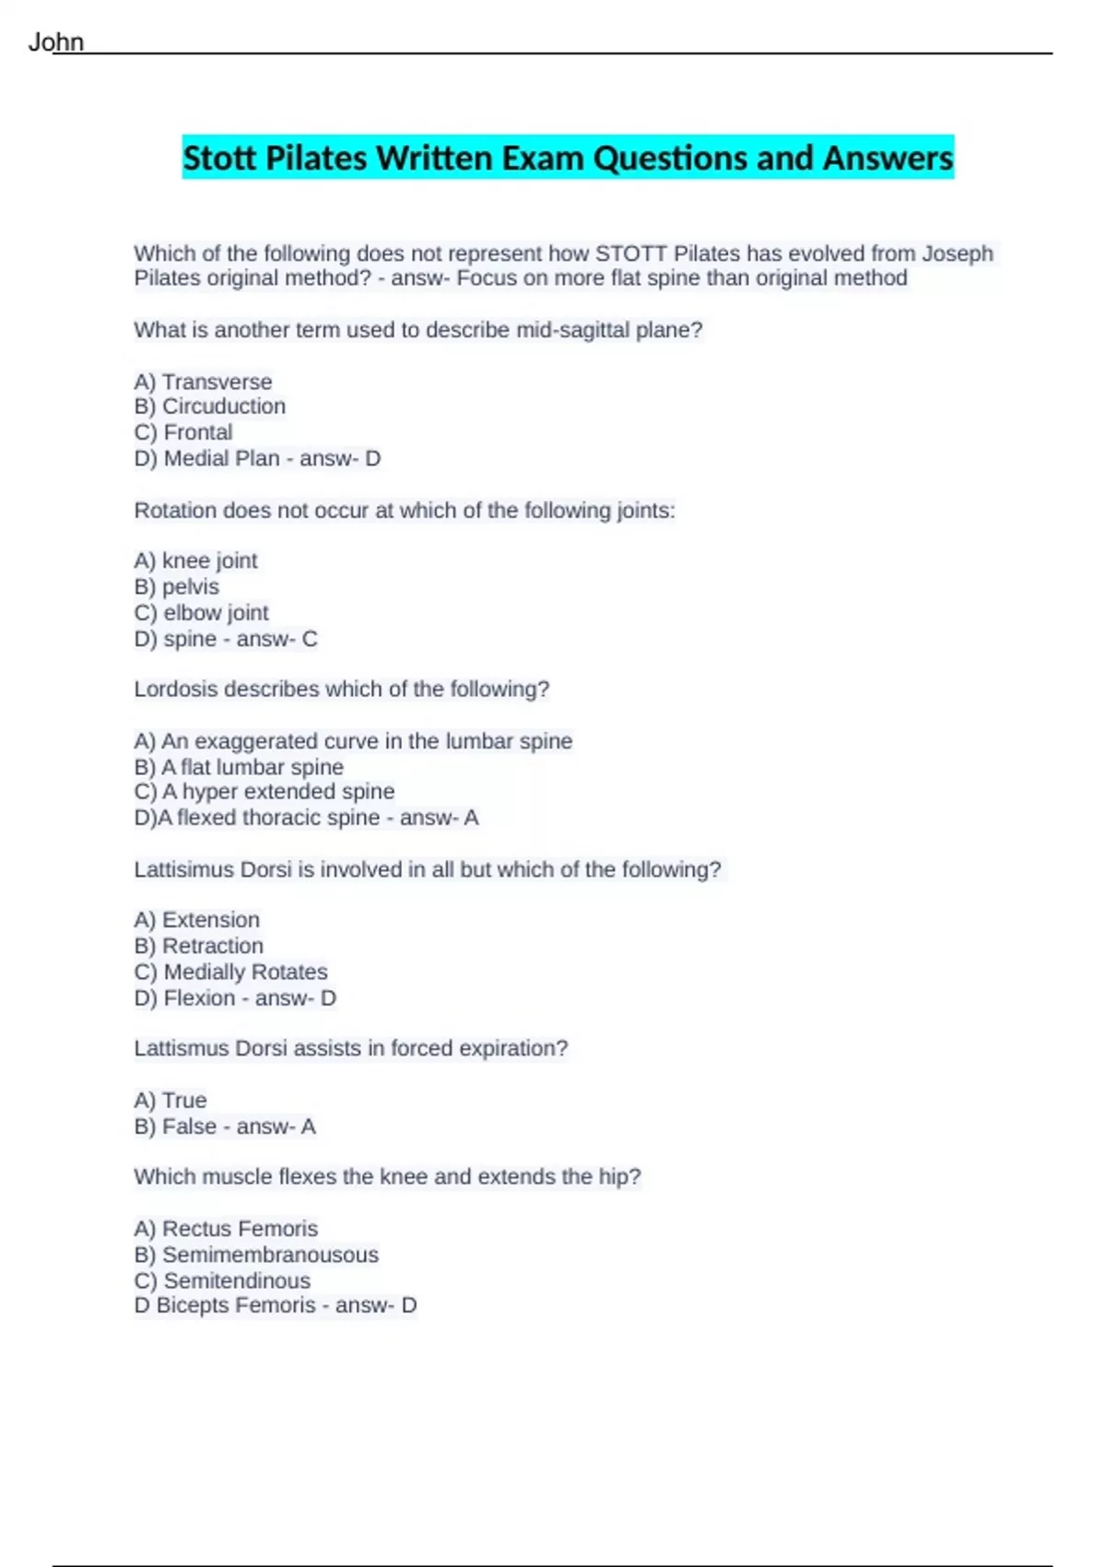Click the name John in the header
tap(56, 42)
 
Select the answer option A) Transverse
tap(203, 382)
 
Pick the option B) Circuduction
tap(209, 406)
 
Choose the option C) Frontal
tap(182, 432)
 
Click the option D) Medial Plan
tap(206, 458)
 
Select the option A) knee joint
tap(195, 560)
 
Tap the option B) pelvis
tap(176, 586)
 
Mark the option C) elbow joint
tap(201, 613)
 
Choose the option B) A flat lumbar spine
tap(238, 767)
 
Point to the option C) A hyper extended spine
tap(264, 792)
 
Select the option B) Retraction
tap(198, 946)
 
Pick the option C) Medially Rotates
tap(230, 972)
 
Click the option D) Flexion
tap(184, 998)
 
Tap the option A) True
tap(170, 1101)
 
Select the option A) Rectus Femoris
tap(225, 1229)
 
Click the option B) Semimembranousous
tap(255, 1255)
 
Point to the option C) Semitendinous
tap(221, 1280)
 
